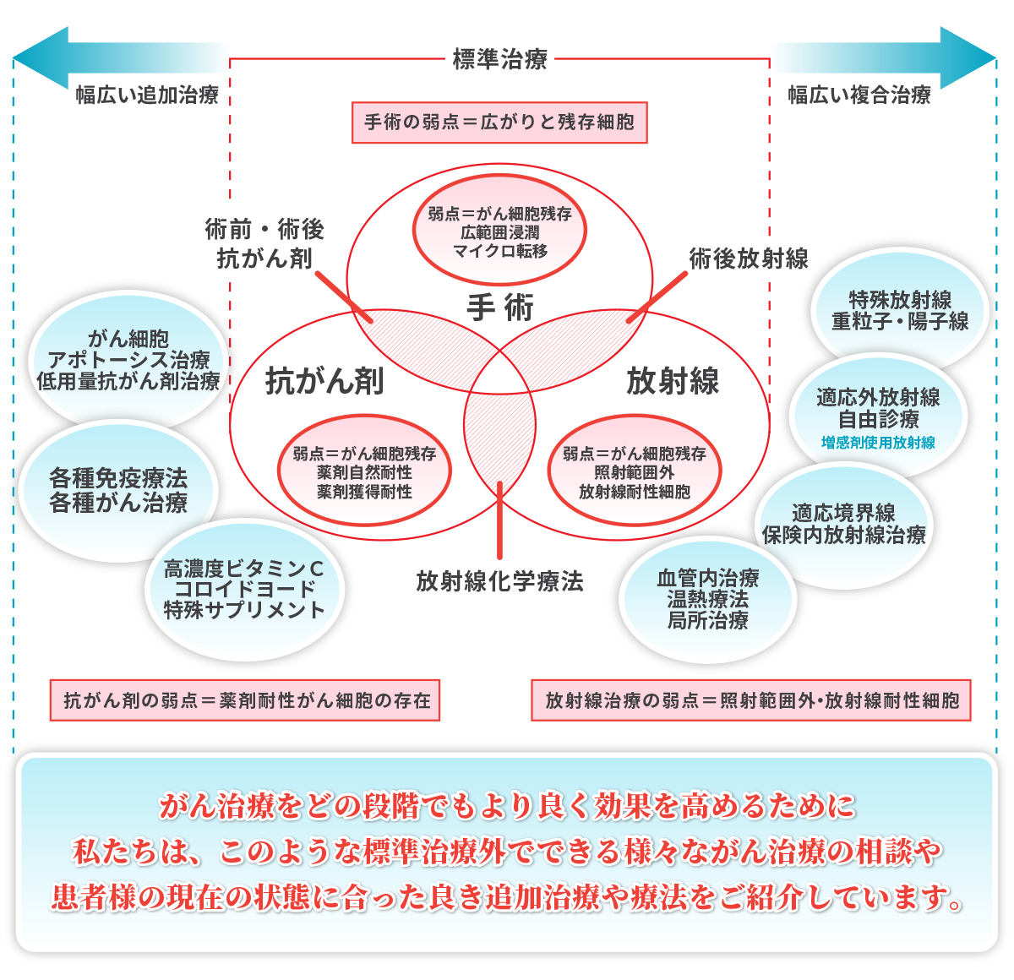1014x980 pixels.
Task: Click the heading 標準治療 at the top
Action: click(499, 60)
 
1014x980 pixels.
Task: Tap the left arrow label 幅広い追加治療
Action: click(147, 95)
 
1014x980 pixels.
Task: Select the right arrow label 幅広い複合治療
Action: click(859, 95)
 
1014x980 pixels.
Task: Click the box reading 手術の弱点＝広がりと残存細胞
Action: click(499, 122)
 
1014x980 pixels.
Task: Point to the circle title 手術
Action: click(499, 308)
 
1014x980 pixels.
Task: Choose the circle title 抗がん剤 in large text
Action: click(324, 381)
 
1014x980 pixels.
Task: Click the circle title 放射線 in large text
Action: click(673, 381)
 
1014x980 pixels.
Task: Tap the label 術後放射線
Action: click(749, 259)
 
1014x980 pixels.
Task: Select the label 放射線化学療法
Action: click(499, 581)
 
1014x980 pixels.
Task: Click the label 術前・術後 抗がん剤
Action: click(264, 244)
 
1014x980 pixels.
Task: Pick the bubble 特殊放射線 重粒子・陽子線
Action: click(900, 310)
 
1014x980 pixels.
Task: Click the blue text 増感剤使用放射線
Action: click(878, 443)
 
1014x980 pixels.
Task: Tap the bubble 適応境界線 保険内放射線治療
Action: click(843, 524)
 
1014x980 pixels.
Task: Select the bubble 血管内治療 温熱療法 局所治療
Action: click(708, 599)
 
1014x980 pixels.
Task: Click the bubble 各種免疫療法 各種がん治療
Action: click(118, 490)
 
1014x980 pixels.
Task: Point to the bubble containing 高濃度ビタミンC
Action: click(244, 589)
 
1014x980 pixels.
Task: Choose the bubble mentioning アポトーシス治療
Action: click(128, 360)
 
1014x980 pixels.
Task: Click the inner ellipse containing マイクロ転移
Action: click(499, 231)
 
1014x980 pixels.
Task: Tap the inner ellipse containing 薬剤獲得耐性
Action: click(364, 472)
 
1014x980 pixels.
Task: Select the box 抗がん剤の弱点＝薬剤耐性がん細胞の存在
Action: click(245, 700)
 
